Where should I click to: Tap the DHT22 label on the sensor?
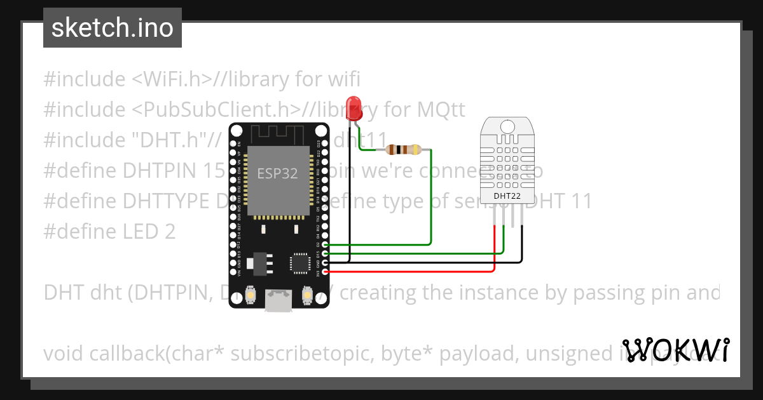point(507,196)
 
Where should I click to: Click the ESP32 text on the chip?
point(277,173)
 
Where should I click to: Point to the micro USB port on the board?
point(279,302)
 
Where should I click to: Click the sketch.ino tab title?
point(113,28)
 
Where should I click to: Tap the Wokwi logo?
point(676,350)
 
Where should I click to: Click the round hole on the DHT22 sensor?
point(507,126)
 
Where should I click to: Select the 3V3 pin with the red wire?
point(326,272)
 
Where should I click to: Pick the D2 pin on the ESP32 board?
point(326,244)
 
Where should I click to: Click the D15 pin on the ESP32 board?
point(326,253)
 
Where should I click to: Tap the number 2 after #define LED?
point(170,232)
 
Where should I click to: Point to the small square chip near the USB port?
point(299,263)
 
